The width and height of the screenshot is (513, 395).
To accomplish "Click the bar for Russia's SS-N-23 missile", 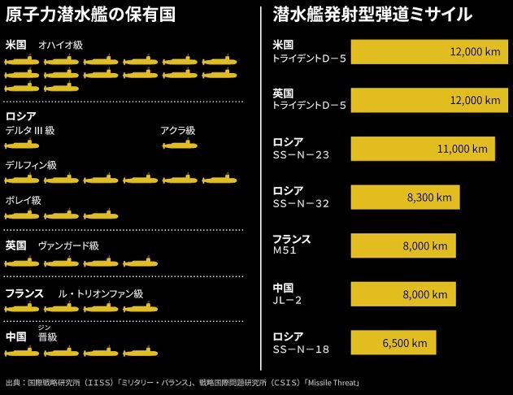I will click(422, 149).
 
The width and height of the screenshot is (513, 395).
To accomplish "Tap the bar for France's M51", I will click(402, 245).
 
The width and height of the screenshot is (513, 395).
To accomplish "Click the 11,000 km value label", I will click(462, 149).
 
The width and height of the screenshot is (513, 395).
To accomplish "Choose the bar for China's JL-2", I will click(402, 294).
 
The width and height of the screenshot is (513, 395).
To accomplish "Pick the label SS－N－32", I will click(302, 202).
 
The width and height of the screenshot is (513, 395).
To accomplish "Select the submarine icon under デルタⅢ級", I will click(22, 145).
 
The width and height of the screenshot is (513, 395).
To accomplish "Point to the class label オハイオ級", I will click(61, 44).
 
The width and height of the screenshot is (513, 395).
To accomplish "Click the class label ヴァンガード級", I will click(68, 245).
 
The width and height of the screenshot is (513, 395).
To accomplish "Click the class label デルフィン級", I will click(31, 164).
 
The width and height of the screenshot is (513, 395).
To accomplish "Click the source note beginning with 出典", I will click(182, 382).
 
